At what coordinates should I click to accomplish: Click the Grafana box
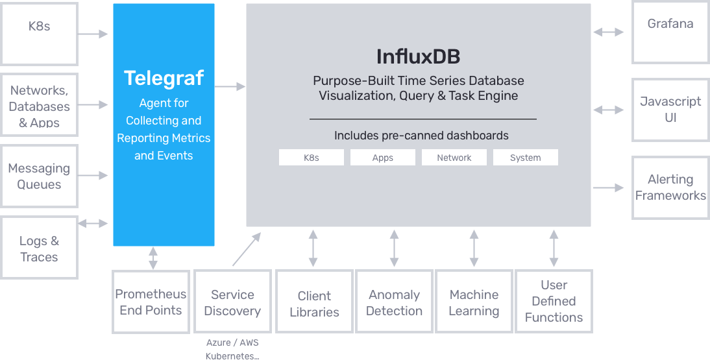[670, 32]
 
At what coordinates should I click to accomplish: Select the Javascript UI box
[670, 110]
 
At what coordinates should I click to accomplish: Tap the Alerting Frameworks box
[670, 187]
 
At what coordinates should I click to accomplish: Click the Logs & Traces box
[40, 248]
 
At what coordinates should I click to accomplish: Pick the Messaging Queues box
[40, 176]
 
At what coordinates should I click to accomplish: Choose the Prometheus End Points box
[151, 302]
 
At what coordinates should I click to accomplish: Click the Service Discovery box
[232, 302]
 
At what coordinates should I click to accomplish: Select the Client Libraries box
[314, 302]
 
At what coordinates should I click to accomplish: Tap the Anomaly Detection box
[394, 302]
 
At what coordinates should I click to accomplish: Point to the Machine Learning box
[474, 302]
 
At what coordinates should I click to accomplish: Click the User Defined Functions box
[554, 302]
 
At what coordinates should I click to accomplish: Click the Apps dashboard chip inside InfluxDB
[383, 158]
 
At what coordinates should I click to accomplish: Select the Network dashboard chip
[454, 158]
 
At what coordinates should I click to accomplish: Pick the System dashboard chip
[525, 158]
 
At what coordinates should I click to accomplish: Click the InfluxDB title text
[419, 56]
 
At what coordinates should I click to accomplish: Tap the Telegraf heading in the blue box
[164, 78]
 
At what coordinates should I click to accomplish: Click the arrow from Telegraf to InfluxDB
[230, 86]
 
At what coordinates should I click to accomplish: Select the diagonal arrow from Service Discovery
[247, 249]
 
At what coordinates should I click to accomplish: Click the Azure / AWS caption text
[232, 342]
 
